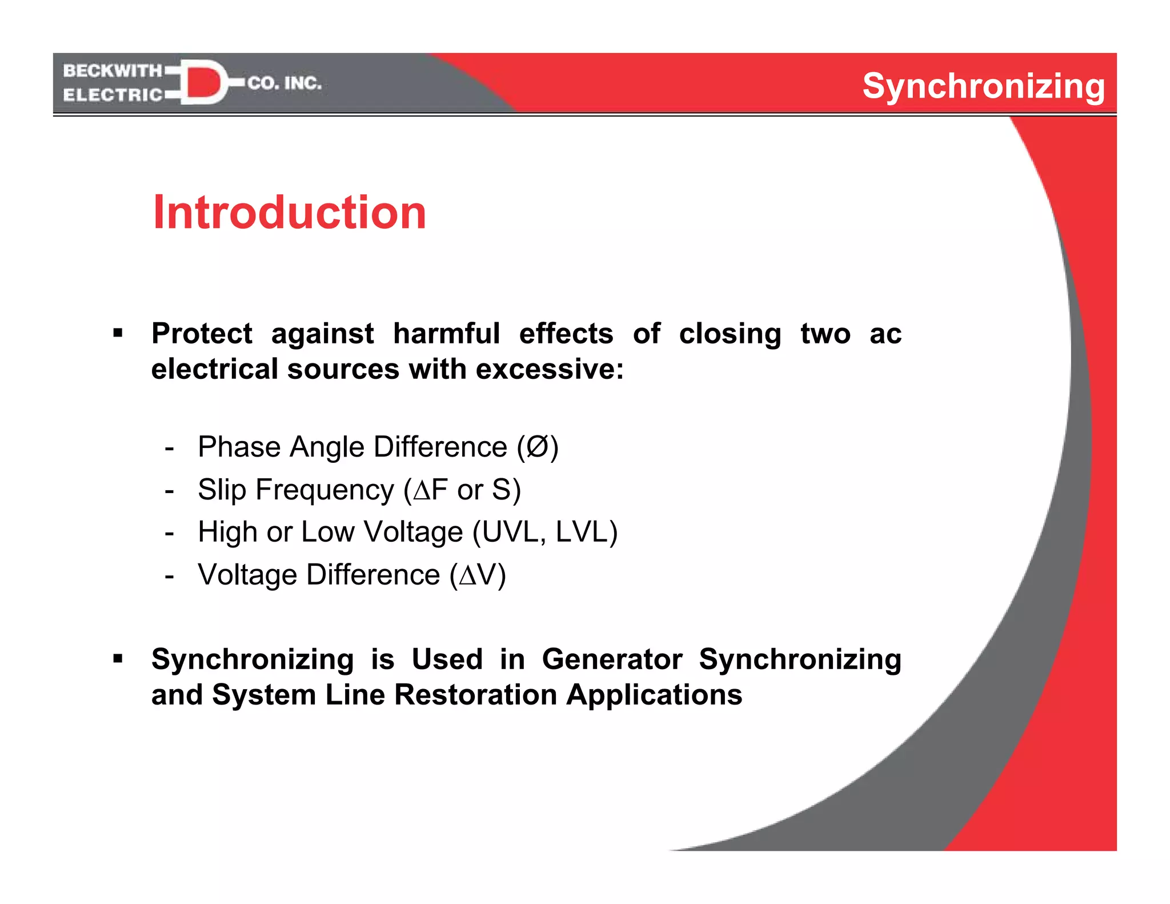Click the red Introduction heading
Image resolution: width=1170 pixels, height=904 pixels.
click(289, 213)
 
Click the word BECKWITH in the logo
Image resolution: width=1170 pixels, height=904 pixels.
click(113, 71)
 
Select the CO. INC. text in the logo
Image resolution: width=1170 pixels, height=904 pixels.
click(285, 83)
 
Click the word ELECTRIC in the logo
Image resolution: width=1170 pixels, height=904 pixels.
click(113, 95)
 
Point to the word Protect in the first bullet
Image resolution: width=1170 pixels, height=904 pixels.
click(202, 334)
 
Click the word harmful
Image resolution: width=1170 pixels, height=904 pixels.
click(446, 334)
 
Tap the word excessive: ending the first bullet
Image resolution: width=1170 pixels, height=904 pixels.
click(550, 369)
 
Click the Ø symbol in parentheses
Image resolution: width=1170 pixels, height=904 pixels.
click(537, 447)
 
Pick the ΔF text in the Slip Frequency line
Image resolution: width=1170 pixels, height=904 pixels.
click(430, 490)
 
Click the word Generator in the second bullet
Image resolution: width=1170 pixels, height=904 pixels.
click(612, 659)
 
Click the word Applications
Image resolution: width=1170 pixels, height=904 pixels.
click(654, 695)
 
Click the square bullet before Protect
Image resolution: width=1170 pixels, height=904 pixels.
click(118, 333)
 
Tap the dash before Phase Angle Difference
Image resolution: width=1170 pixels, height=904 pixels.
click(169, 448)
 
